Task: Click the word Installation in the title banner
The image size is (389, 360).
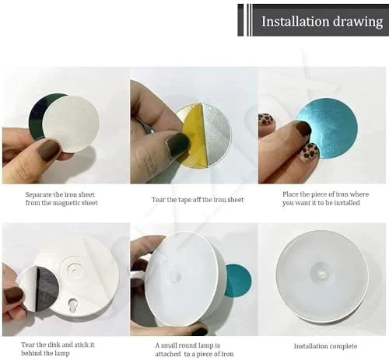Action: [x=295, y=21]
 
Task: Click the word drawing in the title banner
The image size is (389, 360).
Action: [x=358, y=22]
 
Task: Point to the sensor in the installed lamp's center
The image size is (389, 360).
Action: [x=321, y=274]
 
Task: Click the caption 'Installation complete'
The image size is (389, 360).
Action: [x=325, y=346]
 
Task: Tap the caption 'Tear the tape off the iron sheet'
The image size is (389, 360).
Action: [x=198, y=200]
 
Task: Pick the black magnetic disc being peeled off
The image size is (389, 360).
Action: [x=47, y=288]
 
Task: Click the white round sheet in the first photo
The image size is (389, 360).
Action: [x=71, y=124]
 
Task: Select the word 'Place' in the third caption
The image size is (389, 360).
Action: [x=291, y=194]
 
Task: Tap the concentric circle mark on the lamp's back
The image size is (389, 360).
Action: [x=74, y=269]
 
